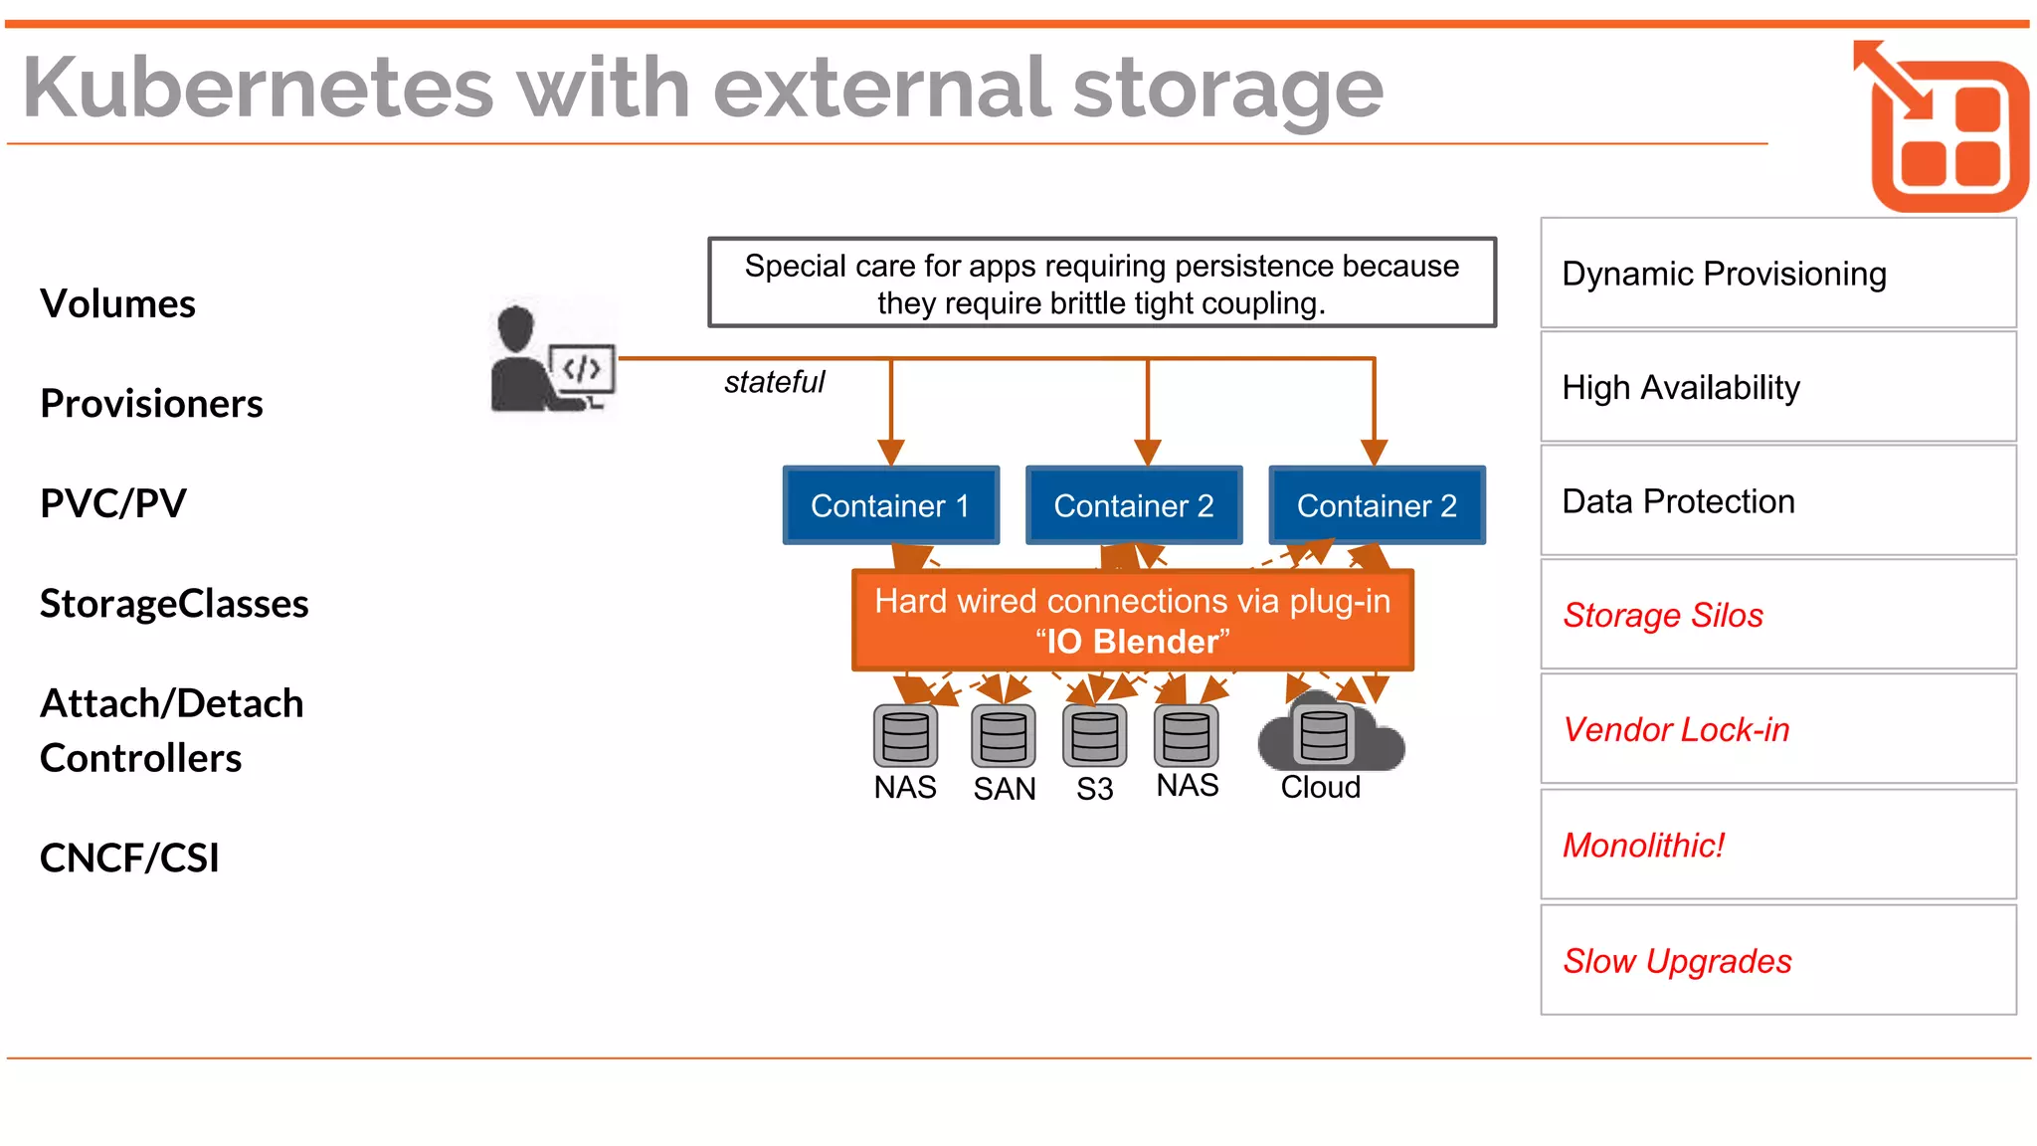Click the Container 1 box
890,505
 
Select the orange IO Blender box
1132,621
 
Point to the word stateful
774,382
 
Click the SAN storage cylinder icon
1003,737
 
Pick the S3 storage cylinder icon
1094,737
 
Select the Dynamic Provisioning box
1777,274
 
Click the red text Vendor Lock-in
1676,730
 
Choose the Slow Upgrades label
1677,961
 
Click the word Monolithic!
1643,846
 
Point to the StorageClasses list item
174,604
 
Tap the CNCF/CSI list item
129,858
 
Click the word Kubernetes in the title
258,89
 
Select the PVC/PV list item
113,503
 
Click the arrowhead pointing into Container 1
891,453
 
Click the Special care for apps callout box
1101,283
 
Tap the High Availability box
1777,387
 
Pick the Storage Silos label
1662,616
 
